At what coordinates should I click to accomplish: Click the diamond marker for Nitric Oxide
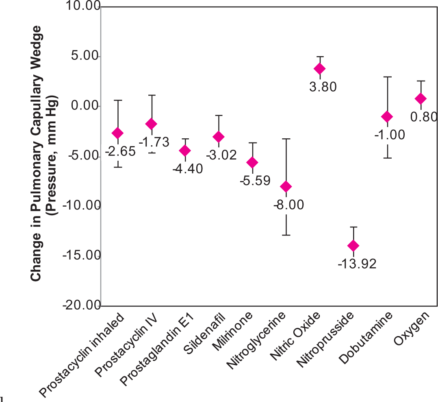pos(320,68)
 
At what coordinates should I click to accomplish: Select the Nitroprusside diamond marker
pos(353,246)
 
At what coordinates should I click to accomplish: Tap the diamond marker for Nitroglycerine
pos(286,186)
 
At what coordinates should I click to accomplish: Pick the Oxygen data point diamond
pos(421,98)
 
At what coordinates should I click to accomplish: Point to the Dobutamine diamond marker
pos(387,116)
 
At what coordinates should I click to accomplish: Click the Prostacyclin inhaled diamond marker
pos(117,133)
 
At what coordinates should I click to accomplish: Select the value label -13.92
pos(357,264)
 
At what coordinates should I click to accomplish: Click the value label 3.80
pos(323,87)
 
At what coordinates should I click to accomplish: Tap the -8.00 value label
pos(289,205)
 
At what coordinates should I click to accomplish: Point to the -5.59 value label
pos(255,181)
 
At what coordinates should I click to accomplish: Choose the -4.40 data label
pos(188,169)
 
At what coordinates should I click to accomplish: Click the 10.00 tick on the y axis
pos(83,6)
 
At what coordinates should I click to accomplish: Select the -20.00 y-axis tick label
pos(82,305)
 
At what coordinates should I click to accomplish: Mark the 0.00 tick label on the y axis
pos(85,106)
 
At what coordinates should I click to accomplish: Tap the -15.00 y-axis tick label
pos(82,255)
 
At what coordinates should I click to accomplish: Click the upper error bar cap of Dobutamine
pos(388,76)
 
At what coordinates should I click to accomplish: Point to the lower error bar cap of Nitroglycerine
pos(286,235)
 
